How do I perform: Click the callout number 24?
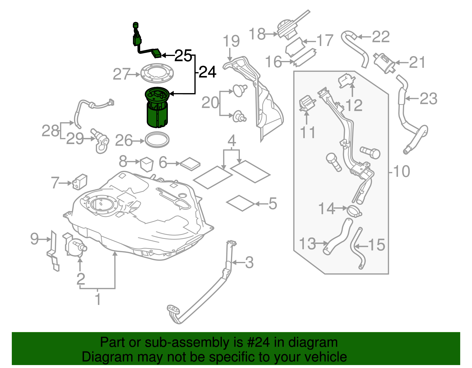[x=208, y=72]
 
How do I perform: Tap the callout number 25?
[x=183, y=55]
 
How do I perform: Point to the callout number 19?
[x=231, y=41]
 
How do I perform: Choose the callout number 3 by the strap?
[x=250, y=262]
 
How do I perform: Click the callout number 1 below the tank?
[x=98, y=299]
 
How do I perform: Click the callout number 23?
[x=428, y=98]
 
